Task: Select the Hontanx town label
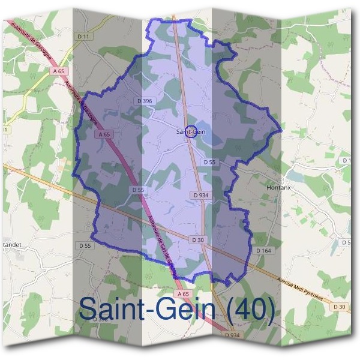click(x=278, y=187)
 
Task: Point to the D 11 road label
click(x=85, y=37)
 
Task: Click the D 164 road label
click(x=263, y=250)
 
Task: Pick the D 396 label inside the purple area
click(x=144, y=101)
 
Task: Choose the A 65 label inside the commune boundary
click(x=103, y=135)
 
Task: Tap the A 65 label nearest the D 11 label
click(x=58, y=71)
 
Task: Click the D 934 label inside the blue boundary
click(x=201, y=195)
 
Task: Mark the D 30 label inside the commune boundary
click(x=199, y=239)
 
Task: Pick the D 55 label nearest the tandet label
click(x=85, y=246)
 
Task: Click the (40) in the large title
click(x=250, y=310)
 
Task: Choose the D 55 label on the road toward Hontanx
click(x=209, y=162)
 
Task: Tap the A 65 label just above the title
click(x=183, y=294)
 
